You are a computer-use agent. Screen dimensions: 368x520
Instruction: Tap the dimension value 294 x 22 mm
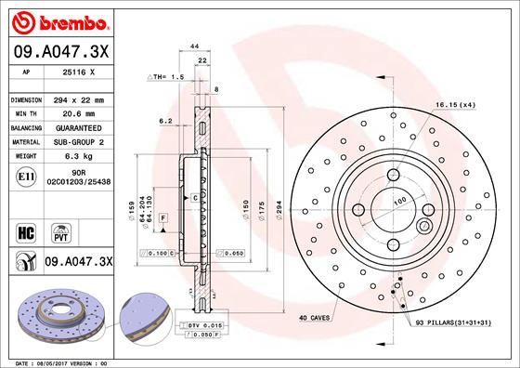[x=85, y=99]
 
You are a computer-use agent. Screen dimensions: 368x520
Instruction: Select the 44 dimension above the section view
[x=195, y=46]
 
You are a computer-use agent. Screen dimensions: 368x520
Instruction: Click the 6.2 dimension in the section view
[x=164, y=121]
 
